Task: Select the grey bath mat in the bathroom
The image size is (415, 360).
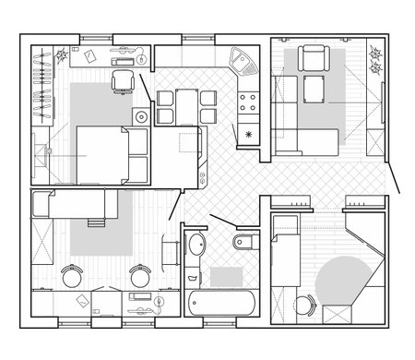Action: tap(224, 275)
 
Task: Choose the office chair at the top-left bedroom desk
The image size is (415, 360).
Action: tap(122, 82)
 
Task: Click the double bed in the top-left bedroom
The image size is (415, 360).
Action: tap(111, 154)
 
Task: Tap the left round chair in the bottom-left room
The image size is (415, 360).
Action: tap(71, 275)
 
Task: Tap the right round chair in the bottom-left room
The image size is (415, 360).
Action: tap(140, 275)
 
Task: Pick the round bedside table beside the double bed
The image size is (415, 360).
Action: tap(140, 116)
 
